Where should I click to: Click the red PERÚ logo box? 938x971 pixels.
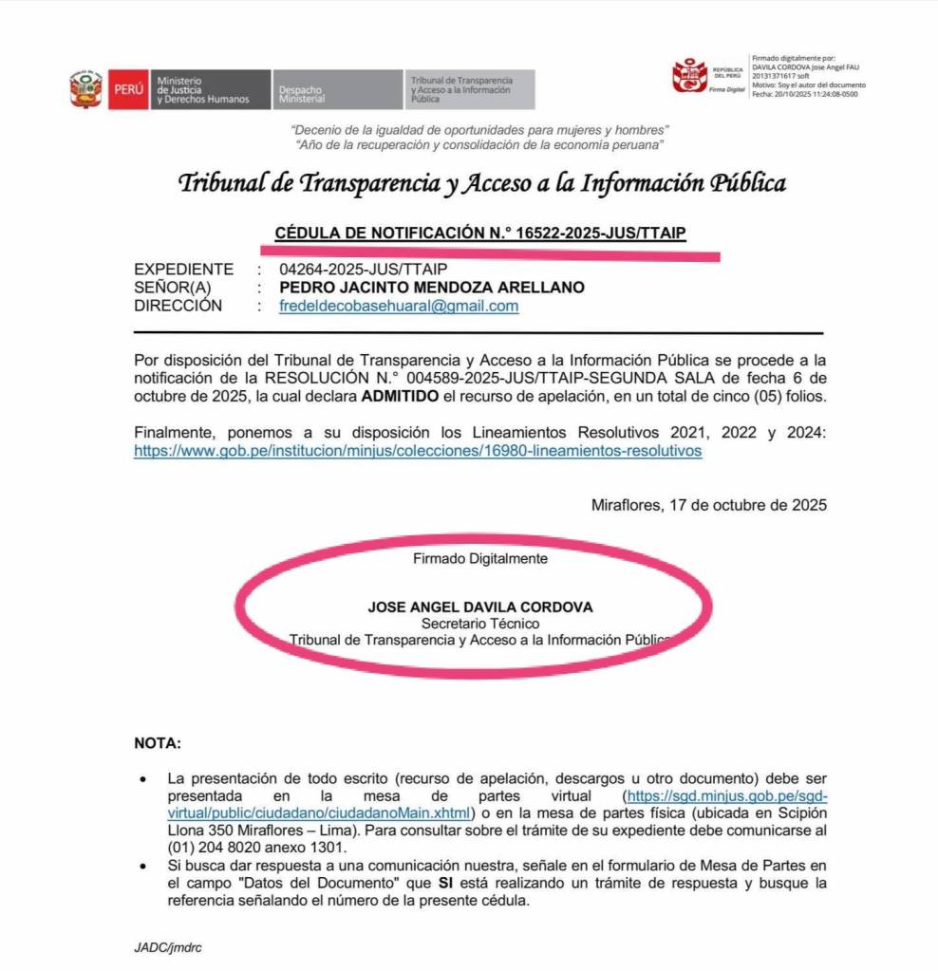coord(127,89)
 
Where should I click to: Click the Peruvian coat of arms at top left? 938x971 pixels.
coord(86,89)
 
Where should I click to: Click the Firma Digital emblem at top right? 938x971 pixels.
coord(708,76)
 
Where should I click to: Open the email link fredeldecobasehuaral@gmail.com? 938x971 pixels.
coord(399,306)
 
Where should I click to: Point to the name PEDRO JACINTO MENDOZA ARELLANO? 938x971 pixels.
coord(432,288)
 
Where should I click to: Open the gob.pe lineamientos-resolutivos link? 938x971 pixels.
coord(418,451)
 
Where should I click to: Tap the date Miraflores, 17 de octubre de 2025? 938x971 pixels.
coord(708,505)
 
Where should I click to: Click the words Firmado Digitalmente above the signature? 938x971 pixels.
coord(480,559)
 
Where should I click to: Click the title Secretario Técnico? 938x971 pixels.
coord(480,624)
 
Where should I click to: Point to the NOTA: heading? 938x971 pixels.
coord(157,742)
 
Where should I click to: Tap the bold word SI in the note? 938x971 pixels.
coord(445,884)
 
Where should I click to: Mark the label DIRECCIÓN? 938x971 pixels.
coord(178,306)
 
